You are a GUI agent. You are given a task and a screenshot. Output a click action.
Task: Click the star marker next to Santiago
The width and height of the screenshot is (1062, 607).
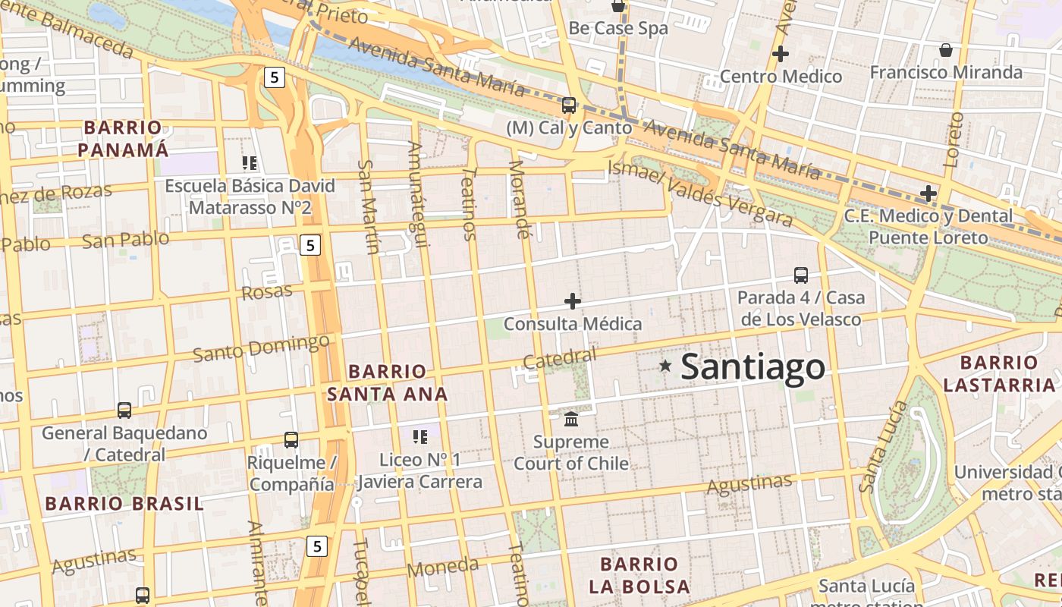point(665,366)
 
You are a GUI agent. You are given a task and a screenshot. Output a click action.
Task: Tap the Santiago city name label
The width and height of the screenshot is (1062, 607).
point(753,367)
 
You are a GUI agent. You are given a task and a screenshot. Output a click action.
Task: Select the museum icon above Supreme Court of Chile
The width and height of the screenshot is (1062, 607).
point(571,419)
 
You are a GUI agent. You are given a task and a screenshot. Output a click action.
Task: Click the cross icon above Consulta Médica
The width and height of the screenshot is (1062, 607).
point(573,301)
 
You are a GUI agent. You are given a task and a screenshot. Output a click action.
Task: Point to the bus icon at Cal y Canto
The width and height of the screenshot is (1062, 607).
point(568,105)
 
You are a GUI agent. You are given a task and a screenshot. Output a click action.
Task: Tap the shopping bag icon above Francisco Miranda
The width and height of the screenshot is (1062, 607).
point(946,50)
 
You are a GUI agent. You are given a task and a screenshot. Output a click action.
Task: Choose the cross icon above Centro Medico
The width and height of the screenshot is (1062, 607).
point(780,54)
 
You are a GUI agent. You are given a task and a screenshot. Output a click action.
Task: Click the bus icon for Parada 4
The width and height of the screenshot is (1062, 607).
point(801,275)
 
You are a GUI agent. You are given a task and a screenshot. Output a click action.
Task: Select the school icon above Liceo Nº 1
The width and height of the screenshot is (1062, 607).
point(419,437)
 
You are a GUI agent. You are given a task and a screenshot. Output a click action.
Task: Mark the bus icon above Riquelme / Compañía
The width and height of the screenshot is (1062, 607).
point(291,439)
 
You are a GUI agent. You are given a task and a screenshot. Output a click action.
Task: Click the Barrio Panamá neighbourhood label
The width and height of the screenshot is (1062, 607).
point(123,139)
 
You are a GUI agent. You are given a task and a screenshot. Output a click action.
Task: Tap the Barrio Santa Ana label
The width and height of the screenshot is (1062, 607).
point(387,382)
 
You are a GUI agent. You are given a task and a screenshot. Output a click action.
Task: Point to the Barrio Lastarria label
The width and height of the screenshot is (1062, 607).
point(999,373)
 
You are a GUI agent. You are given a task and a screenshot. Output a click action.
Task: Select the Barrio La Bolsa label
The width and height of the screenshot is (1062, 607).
point(639,575)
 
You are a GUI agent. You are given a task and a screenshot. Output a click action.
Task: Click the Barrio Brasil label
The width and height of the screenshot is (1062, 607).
point(124,503)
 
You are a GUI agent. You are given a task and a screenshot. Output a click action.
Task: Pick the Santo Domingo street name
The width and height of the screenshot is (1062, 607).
point(260,348)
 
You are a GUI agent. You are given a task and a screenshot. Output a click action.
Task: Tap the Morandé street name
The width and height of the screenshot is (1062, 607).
point(519,199)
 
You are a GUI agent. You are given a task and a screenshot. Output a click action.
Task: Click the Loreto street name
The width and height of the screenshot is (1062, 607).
point(954,140)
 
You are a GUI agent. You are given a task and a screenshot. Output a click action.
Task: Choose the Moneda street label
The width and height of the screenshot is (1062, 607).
point(443,567)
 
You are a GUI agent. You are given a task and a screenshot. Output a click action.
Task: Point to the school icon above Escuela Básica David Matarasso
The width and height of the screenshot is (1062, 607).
point(250,162)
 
